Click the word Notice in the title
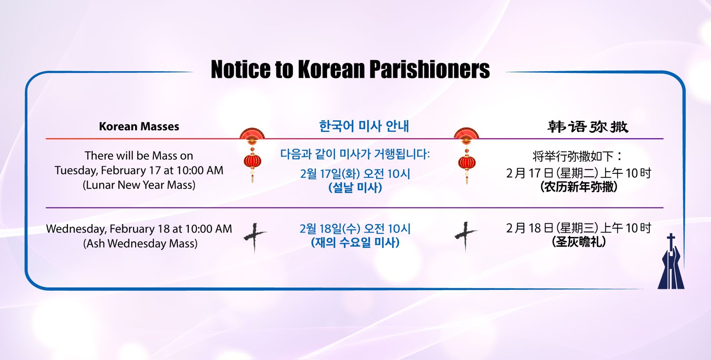(x=240, y=69)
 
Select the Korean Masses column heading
(x=139, y=126)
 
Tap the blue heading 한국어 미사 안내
(x=364, y=126)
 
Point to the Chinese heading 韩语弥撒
(x=588, y=127)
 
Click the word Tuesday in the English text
(x=76, y=171)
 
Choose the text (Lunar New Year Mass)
(x=139, y=185)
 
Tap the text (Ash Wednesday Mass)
(x=140, y=244)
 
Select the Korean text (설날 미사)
(x=355, y=187)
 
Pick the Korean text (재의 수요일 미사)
(x=355, y=243)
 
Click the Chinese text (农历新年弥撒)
(x=579, y=187)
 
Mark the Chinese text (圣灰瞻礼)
(x=579, y=242)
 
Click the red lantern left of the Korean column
(x=252, y=155)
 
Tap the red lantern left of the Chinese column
(x=467, y=156)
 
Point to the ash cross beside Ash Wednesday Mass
(x=255, y=237)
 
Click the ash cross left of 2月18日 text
(x=466, y=236)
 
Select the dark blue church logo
(x=671, y=262)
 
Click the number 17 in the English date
(x=155, y=171)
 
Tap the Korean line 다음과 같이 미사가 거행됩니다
(x=355, y=154)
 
